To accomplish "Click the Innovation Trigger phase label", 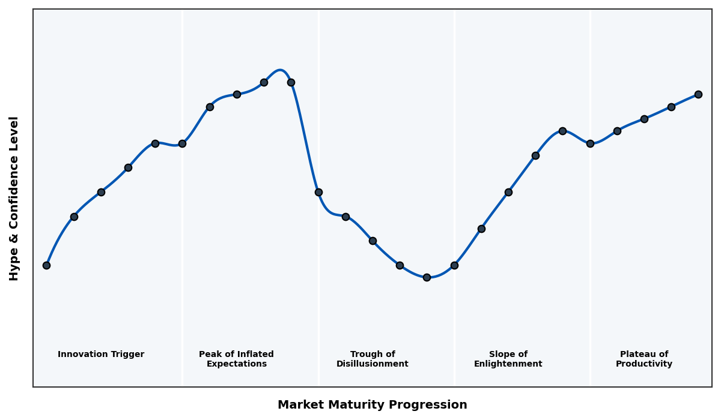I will coord(101,355).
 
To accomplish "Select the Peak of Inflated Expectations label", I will coord(236,359).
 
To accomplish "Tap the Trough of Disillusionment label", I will coord(372,359).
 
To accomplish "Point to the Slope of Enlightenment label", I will coord(508,359).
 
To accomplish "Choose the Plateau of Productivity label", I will coord(643,359).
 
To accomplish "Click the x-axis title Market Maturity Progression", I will coord(372,405).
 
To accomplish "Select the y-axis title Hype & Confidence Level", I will coord(14,198).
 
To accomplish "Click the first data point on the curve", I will coord(46,265).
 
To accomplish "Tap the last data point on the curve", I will coord(698,94).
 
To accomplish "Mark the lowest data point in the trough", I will coord(427,277).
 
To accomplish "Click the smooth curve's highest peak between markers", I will coord(280,70).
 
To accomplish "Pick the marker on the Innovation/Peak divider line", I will coord(182,143).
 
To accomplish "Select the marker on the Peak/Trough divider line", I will coord(318,192).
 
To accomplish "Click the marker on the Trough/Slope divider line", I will coord(454,265).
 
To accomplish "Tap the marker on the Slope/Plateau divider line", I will coord(590,143).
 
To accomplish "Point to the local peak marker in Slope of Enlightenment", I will coord(562,131).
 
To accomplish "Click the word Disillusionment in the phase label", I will coord(372,364).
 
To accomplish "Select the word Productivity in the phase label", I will coord(643,364).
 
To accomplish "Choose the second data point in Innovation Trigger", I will coord(74,217).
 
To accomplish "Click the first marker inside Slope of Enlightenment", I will coord(481,229).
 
